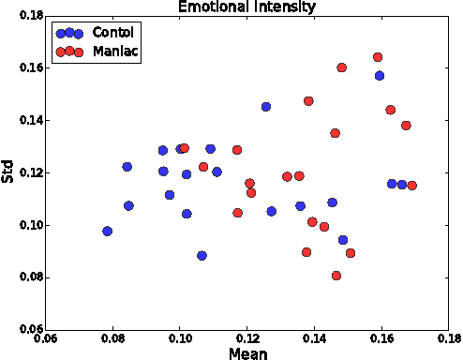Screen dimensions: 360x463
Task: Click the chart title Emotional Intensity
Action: click(x=247, y=7)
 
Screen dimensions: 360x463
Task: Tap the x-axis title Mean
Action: click(x=247, y=353)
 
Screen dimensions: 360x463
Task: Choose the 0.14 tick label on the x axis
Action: click(x=314, y=339)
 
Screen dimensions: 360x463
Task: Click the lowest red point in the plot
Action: click(x=336, y=276)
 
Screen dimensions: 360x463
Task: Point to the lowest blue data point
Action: click(x=202, y=255)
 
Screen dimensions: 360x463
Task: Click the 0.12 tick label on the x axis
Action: click(x=247, y=339)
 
